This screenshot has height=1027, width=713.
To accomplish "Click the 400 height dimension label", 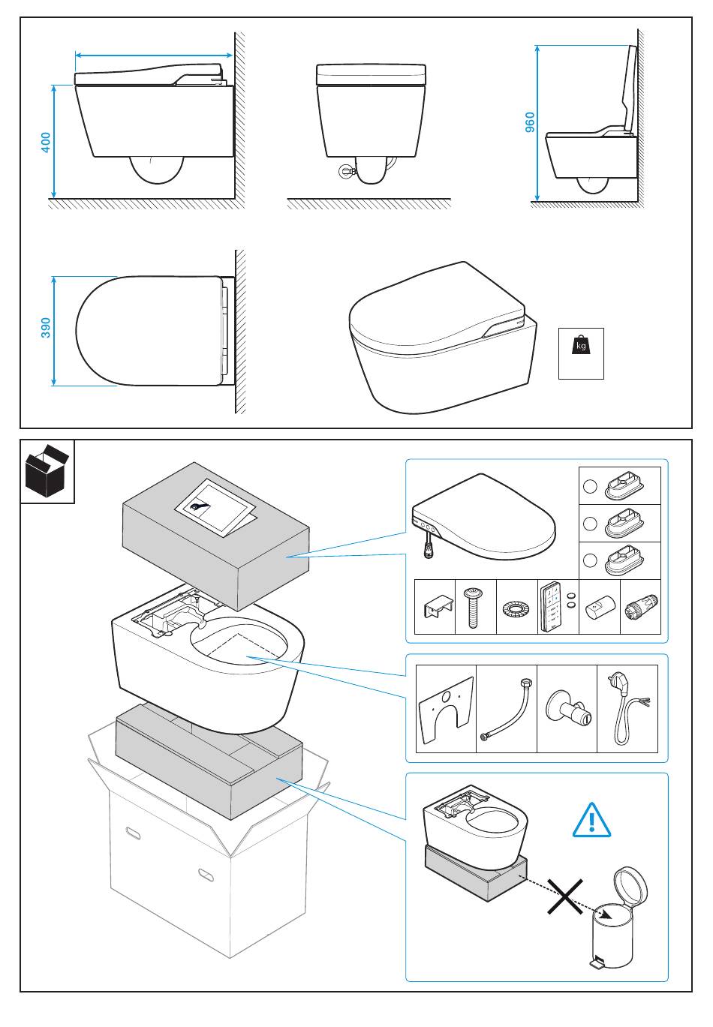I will (x=46, y=143).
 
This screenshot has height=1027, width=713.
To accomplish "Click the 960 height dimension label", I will (x=530, y=122).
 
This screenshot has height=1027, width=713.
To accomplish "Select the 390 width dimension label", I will (x=46, y=328).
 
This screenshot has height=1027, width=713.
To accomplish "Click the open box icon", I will (x=47, y=471).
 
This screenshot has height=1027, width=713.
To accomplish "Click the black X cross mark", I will (x=565, y=897).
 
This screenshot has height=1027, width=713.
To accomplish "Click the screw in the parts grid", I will (x=475, y=607).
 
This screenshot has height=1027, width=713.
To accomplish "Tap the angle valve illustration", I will (x=567, y=709).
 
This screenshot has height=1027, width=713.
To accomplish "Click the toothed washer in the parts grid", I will (x=516, y=606).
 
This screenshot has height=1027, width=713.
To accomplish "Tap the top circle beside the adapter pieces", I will (x=590, y=486).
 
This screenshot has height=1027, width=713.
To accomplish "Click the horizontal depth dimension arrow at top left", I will (x=153, y=55).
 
